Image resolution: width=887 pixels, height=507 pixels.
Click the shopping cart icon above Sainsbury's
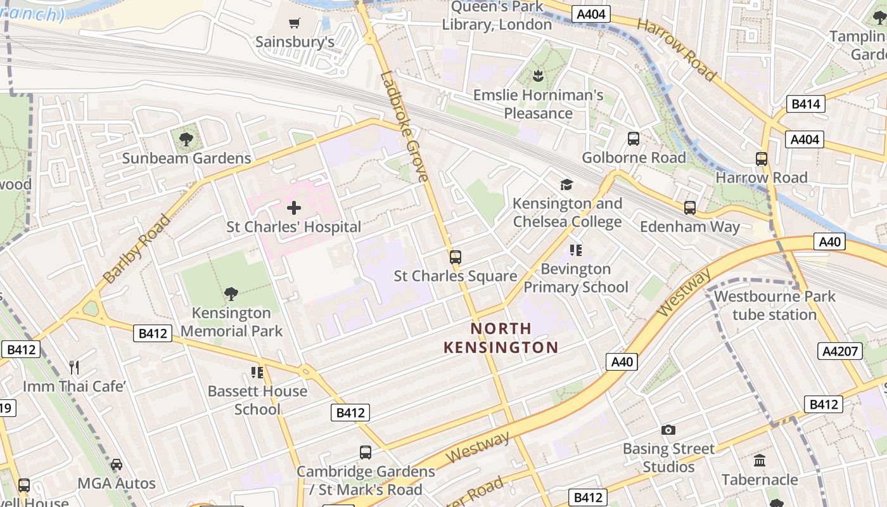[x=294, y=23]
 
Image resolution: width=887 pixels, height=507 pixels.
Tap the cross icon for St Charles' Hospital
[x=294, y=207]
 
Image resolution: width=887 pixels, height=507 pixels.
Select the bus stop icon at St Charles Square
[x=455, y=257]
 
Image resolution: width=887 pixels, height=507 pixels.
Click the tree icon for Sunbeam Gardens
[x=186, y=139]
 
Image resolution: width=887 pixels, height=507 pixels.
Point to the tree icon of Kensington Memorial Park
[x=231, y=294]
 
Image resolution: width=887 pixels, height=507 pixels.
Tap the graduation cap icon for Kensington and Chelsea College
[x=566, y=184]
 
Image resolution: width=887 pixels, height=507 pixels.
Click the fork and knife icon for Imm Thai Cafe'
[x=74, y=367]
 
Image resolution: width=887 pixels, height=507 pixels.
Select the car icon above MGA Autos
[x=117, y=465]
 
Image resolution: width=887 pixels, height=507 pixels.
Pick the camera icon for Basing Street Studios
[x=668, y=430]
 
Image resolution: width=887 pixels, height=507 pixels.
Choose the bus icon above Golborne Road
[x=633, y=139]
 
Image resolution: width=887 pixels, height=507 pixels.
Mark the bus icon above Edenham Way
[x=689, y=207]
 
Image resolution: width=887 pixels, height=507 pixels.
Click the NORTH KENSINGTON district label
[x=501, y=338]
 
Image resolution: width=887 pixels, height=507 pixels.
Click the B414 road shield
[x=806, y=104]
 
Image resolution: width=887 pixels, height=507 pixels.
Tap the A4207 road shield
[x=840, y=352]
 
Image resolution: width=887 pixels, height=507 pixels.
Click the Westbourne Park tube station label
[x=774, y=305]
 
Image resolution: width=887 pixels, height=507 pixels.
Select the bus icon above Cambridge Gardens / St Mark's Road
[x=366, y=452]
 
